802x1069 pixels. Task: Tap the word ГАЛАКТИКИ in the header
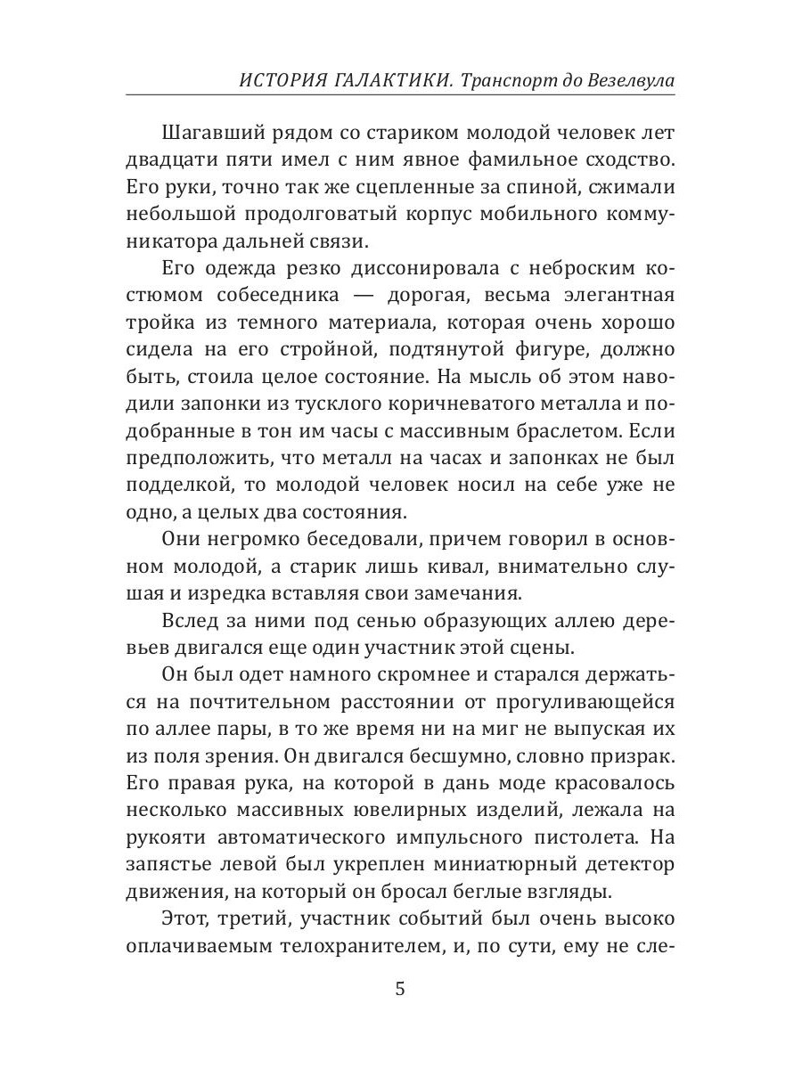(397, 81)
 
